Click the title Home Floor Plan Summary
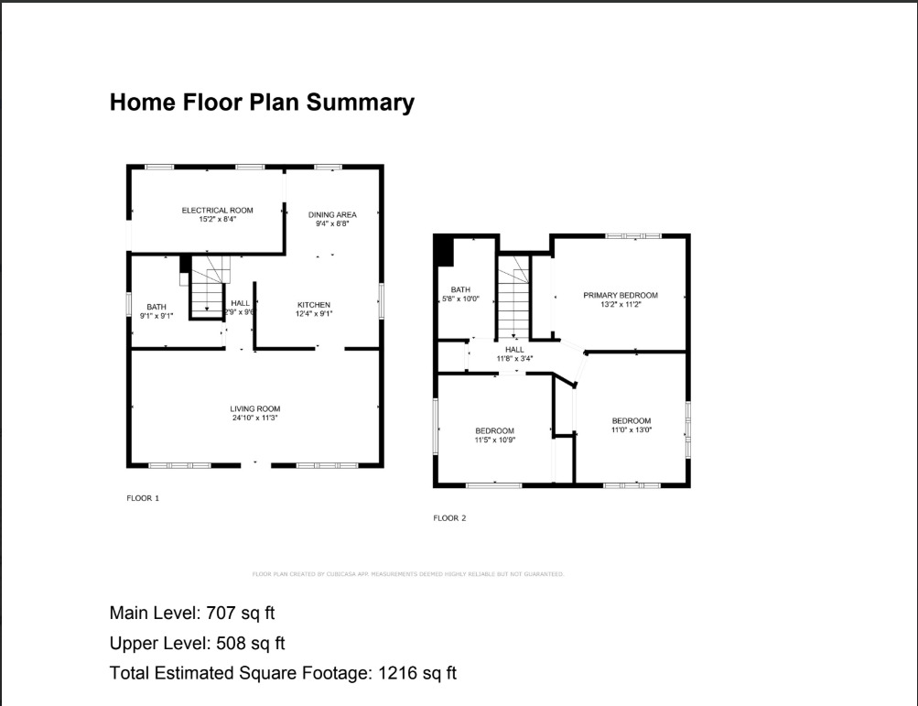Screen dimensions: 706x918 tap(262, 103)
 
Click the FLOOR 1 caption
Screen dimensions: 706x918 tap(143, 498)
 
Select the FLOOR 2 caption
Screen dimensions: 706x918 tap(449, 518)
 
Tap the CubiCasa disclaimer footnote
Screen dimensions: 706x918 tap(408, 574)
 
